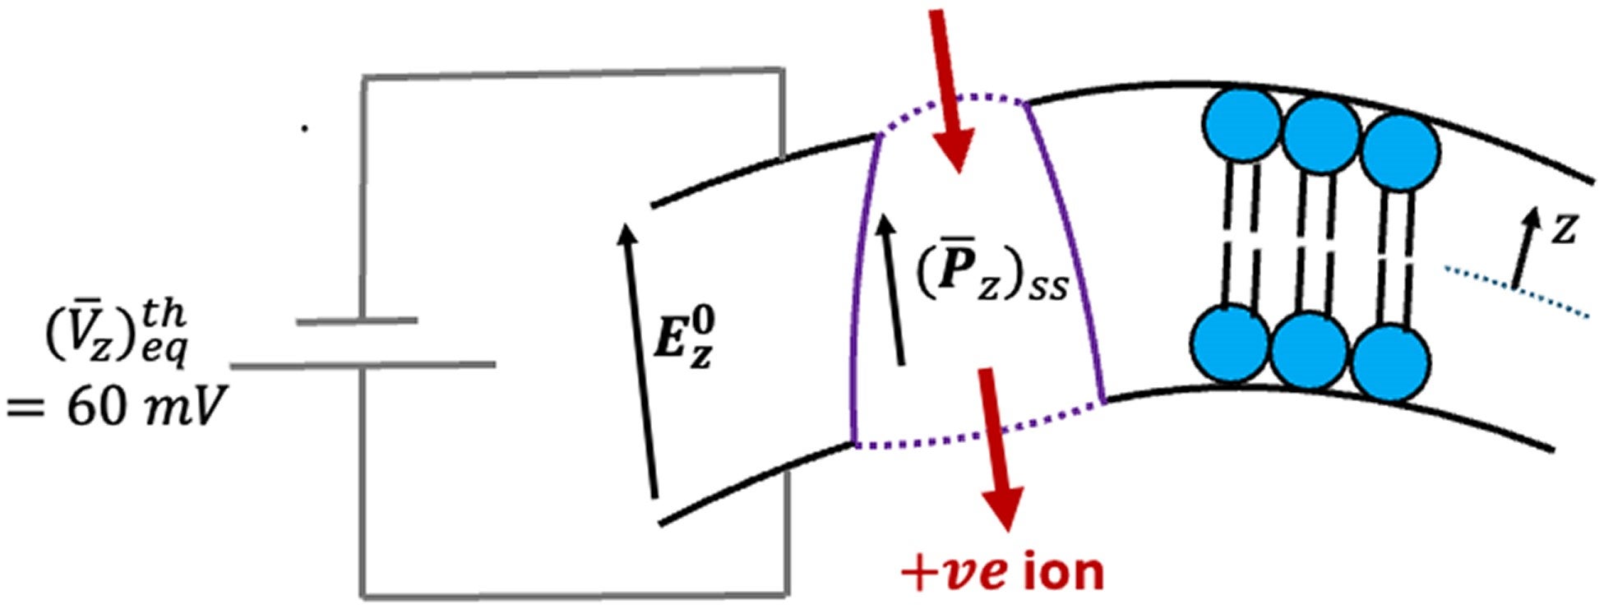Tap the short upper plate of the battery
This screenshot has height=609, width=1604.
357,321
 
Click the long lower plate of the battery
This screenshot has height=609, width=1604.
363,364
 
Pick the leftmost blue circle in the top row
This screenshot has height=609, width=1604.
1241,126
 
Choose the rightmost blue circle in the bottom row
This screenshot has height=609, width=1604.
1391,362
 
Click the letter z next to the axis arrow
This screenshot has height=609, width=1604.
1563,231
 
